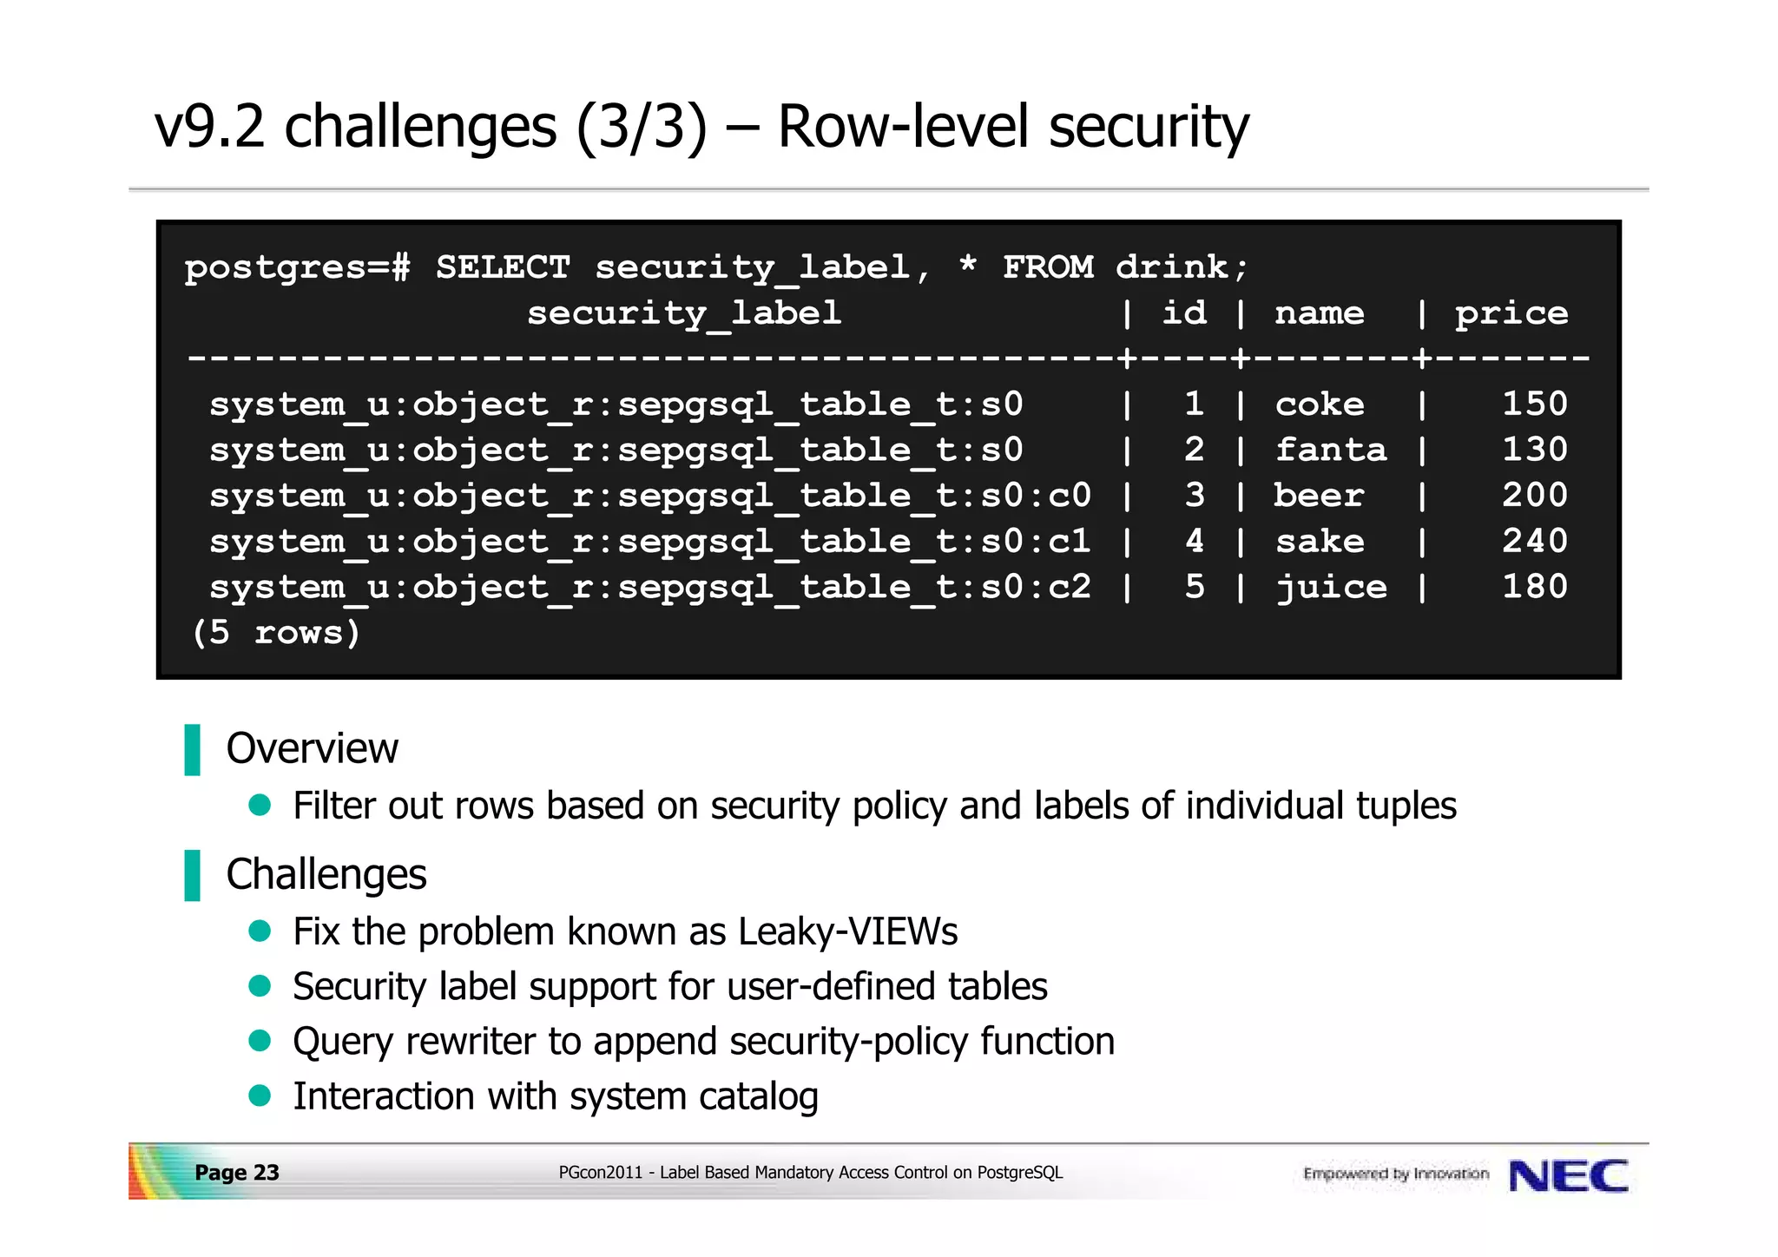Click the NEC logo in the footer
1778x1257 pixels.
point(1568,1176)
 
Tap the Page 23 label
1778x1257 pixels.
point(236,1173)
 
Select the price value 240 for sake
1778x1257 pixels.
point(1534,542)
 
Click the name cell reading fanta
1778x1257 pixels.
point(1330,450)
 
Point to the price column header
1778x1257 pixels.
point(1511,313)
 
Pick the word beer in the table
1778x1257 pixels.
point(1319,496)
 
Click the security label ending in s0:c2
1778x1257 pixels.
point(649,588)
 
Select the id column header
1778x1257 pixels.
point(1184,313)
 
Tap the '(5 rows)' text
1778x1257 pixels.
point(275,633)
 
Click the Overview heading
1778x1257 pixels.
point(312,748)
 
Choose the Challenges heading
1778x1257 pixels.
point(326,874)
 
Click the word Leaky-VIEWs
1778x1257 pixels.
point(847,931)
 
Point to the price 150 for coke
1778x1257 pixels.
point(1534,404)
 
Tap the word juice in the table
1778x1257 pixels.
point(1330,588)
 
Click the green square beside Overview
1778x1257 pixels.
point(193,749)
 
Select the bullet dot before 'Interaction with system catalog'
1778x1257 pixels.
point(260,1096)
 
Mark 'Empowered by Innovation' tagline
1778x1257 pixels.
point(1395,1175)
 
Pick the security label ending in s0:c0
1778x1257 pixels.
point(649,496)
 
